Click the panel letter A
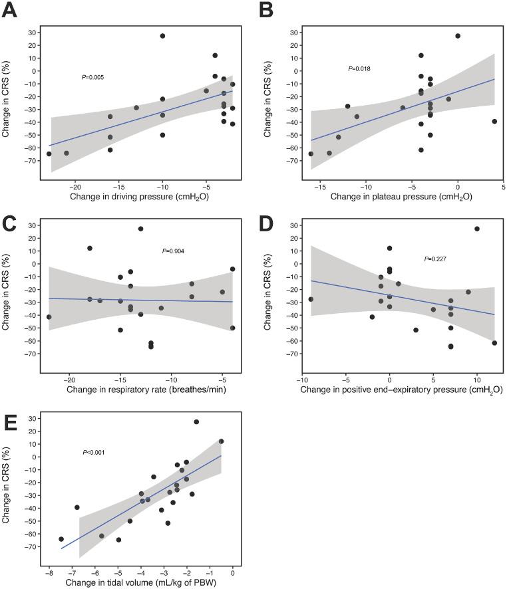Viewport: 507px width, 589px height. (10, 11)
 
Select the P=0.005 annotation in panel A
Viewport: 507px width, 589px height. (92, 77)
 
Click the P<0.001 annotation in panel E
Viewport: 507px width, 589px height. (94, 453)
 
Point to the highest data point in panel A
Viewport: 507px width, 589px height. (162, 36)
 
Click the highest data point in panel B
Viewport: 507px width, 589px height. (458, 36)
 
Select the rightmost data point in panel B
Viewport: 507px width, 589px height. (494, 122)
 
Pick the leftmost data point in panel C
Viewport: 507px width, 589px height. (49, 317)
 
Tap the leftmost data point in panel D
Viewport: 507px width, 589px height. (311, 299)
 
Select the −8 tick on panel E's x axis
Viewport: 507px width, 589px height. (49, 570)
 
